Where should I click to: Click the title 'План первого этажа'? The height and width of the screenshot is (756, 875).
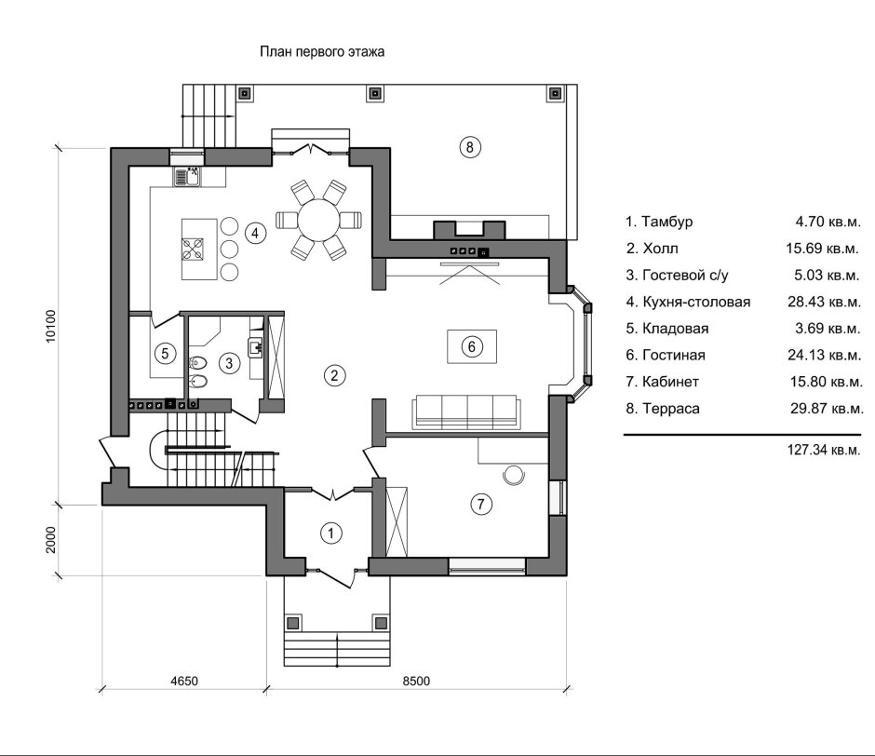[322, 52]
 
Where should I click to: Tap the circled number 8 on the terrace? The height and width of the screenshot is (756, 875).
[470, 147]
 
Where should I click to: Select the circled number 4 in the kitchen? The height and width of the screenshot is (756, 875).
[255, 233]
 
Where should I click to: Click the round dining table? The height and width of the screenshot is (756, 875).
[318, 220]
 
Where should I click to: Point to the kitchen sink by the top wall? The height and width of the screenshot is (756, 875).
[187, 177]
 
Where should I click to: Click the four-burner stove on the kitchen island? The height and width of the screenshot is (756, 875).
[193, 250]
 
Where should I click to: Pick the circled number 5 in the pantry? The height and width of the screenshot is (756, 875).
[165, 353]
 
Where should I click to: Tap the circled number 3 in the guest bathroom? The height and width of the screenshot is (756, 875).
[229, 363]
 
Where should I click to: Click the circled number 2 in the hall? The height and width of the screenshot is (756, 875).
[334, 375]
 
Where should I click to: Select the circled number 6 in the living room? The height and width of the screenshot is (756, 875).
[472, 346]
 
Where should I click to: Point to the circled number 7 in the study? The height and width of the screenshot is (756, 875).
[481, 505]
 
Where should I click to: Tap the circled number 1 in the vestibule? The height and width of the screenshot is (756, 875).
[330, 533]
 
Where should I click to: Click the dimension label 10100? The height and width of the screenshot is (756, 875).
[51, 326]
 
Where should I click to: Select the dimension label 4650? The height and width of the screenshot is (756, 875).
[184, 682]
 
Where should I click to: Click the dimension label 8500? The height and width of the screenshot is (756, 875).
[416, 682]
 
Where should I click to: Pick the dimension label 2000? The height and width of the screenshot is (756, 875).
[51, 540]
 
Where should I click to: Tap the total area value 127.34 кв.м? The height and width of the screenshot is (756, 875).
[824, 450]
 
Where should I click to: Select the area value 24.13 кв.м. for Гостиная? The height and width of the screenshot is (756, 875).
[824, 355]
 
